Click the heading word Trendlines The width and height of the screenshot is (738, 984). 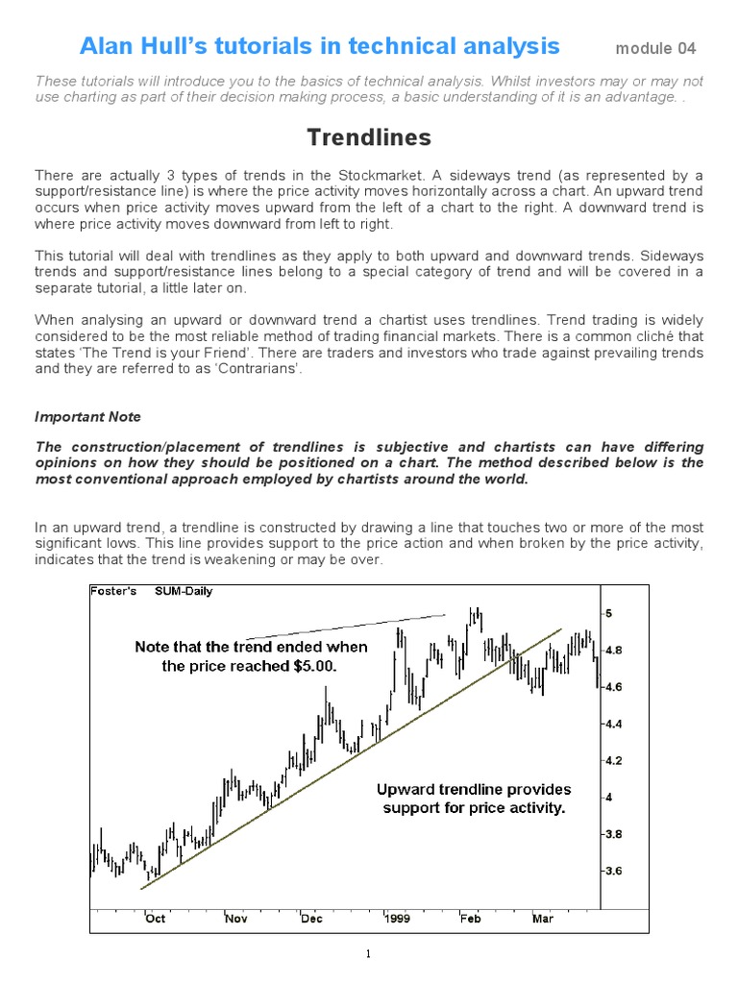pos(369,138)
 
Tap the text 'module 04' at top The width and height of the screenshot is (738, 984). pos(655,48)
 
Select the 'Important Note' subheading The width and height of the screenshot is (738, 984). pos(87,417)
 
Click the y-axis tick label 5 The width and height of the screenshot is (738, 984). pos(608,613)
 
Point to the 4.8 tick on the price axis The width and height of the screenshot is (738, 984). pos(613,651)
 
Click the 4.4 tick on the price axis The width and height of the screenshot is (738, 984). pos(613,724)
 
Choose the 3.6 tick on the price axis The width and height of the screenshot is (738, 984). pos(613,872)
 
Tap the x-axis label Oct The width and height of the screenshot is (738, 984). pos(155,919)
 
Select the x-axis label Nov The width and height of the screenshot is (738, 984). pos(236,919)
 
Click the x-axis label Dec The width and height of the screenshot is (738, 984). pos(311,919)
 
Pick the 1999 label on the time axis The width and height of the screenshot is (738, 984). pos(398,919)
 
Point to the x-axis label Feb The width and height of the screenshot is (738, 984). pos(470,919)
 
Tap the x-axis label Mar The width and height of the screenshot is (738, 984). pos(543,919)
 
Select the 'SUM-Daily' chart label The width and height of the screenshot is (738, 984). pos(184,591)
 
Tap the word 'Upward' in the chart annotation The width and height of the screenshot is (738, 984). pos(405,790)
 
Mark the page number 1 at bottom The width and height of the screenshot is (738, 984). pos(368,954)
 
